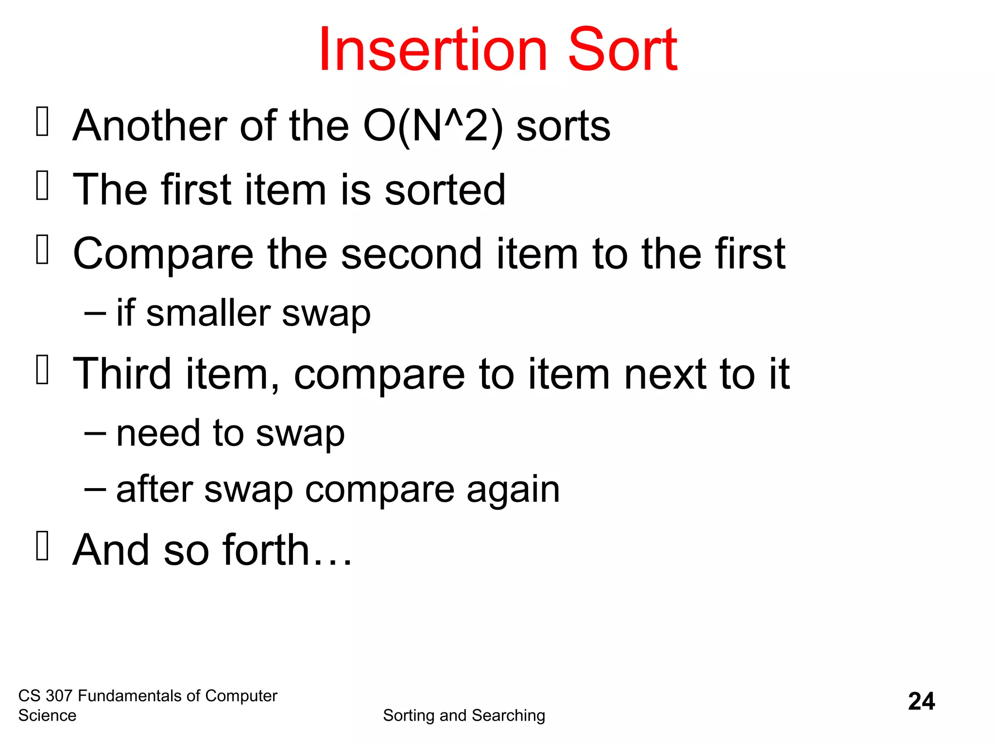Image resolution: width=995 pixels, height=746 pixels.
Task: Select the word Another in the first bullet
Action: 150,126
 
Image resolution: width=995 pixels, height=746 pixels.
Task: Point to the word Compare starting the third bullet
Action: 163,254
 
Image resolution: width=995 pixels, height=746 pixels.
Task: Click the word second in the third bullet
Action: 411,254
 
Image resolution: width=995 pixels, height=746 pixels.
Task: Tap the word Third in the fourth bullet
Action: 122,374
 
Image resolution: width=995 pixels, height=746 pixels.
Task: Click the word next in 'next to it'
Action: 665,374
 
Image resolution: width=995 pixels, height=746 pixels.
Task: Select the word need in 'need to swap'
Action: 158,433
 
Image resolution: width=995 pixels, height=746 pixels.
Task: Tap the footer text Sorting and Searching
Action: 464,715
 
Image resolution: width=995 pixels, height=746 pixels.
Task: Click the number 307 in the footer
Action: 59,696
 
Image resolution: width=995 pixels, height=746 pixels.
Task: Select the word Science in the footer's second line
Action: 47,715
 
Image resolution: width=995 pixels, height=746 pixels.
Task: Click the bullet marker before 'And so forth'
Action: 43,546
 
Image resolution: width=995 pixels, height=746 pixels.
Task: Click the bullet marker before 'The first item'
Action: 43,186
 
